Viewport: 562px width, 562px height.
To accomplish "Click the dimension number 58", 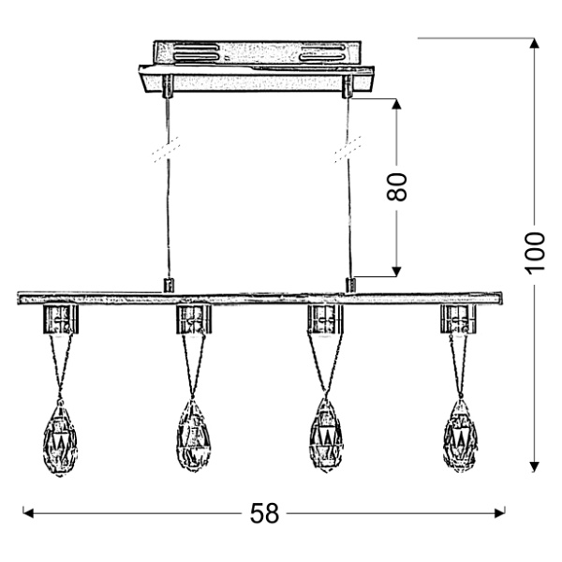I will pos(265,513).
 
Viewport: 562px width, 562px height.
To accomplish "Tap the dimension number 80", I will pos(398,186).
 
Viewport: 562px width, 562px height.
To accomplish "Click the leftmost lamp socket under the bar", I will pos(60,319).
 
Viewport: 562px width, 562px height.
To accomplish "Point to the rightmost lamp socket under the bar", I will pos(458,319).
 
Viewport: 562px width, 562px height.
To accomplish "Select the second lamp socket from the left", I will pos(193,319).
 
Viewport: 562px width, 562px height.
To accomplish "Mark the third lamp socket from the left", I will pos(325,319).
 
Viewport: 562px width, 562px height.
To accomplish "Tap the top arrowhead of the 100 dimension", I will pos(534,43).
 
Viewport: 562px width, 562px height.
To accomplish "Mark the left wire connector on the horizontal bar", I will pos(169,284).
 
